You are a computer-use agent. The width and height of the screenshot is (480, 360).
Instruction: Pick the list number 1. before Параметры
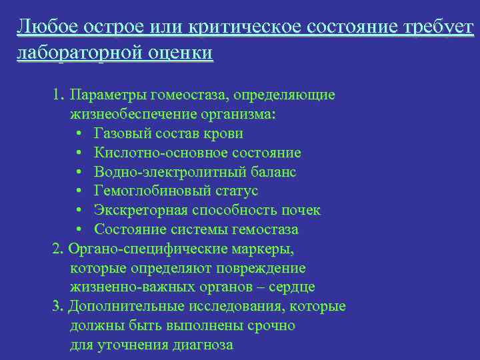click(x=58, y=95)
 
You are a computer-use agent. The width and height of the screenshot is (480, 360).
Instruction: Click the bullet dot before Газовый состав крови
click(x=79, y=134)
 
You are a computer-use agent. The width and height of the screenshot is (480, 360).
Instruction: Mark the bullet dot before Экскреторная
click(x=79, y=211)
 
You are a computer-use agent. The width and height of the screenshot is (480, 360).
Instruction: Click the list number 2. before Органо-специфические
click(x=57, y=249)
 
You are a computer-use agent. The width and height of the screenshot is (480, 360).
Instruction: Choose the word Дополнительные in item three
click(x=121, y=307)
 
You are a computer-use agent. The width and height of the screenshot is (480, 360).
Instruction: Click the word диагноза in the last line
click(x=202, y=345)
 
